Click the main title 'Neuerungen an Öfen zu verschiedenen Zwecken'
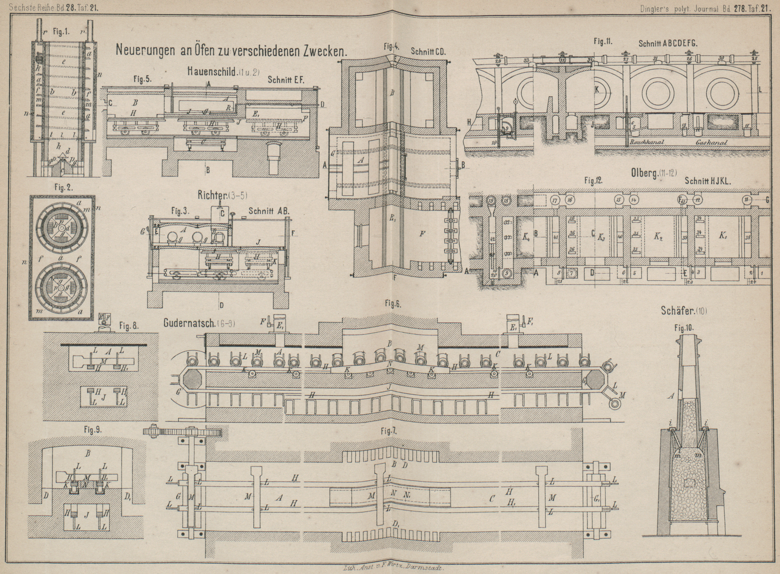(x=230, y=50)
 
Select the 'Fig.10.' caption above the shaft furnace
(x=683, y=327)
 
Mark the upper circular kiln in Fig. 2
(x=62, y=228)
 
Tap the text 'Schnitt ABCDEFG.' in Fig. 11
(x=668, y=43)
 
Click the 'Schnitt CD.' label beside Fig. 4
(x=428, y=51)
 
